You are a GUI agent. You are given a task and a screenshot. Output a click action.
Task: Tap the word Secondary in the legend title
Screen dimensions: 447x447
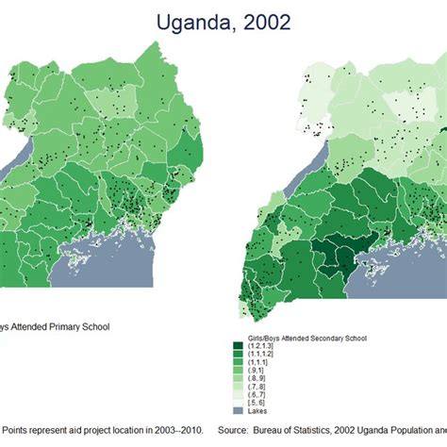(312, 337)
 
